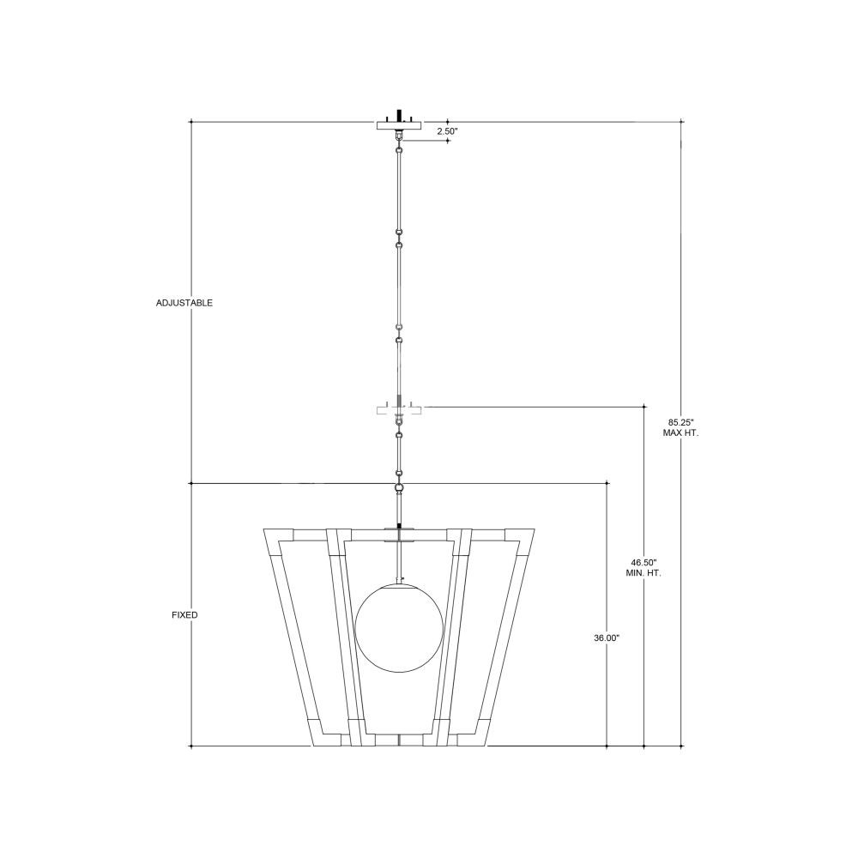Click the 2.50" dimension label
click(446, 131)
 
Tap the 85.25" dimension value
click(680, 422)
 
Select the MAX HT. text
click(680, 432)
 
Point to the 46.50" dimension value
click(643, 562)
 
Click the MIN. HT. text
click(643, 573)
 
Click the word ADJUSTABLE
click(184, 303)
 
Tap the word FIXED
click(184, 615)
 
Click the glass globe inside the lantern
click(399, 628)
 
